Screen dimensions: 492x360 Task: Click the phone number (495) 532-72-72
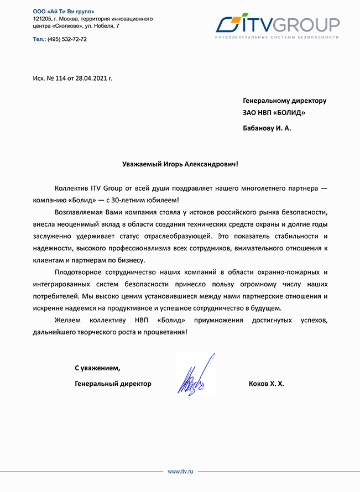pyautogui.click(x=67, y=39)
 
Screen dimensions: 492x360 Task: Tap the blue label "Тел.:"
pyautogui.click(x=39, y=39)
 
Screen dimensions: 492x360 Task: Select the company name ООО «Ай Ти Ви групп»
pyautogui.click(x=64, y=12)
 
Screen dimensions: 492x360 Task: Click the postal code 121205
pyautogui.click(x=44, y=19)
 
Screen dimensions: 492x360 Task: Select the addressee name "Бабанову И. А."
pyautogui.click(x=267, y=128)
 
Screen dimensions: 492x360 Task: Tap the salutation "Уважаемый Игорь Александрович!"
pyautogui.click(x=180, y=164)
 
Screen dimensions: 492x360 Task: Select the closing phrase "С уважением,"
pyautogui.click(x=97, y=368)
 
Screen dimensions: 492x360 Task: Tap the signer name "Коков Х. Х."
pyautogui.click(x=267, y=383)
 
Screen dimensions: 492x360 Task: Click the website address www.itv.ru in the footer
pyautogui.click(x=180, y=471)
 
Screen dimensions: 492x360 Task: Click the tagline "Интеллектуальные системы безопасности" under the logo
pyautogui.click(x=276, y=38)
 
